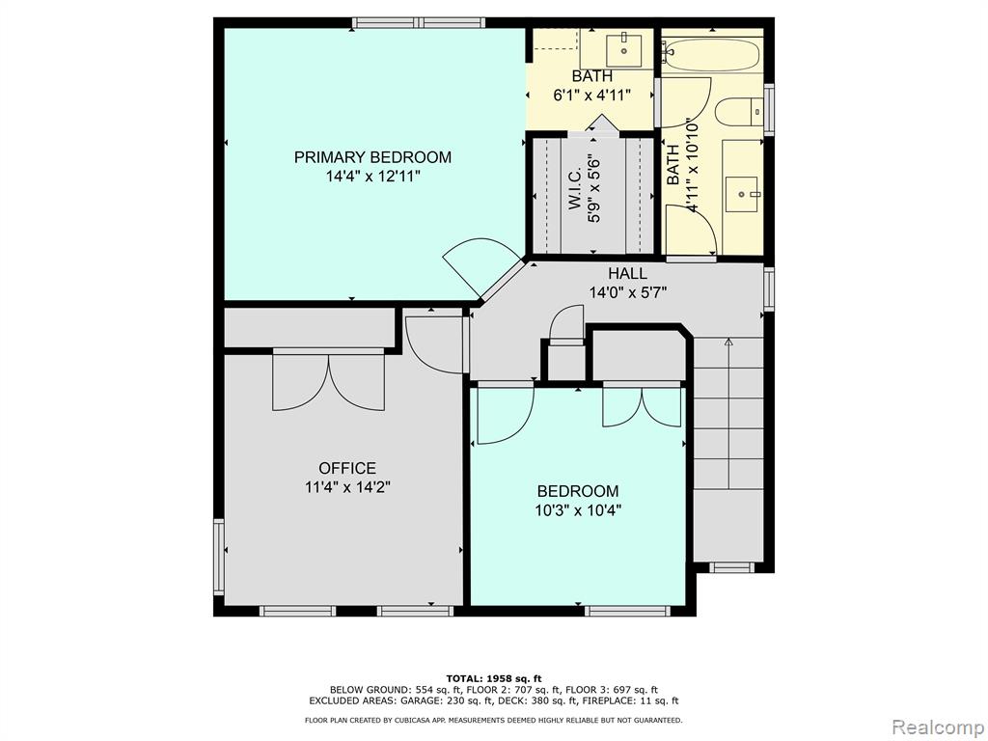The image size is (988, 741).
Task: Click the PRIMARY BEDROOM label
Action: (372, 157)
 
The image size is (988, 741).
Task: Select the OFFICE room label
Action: (347, 468)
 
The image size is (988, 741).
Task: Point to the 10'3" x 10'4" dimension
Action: (579, 510)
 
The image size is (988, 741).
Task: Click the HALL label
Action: (627, 273)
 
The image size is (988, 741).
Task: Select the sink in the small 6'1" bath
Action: (624, 50)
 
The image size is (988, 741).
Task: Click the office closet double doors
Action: (328, 382)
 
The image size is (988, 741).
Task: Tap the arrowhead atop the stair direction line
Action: (728, 343)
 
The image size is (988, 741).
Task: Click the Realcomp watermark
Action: (937, 727)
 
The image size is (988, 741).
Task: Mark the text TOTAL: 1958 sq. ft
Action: (494, 678)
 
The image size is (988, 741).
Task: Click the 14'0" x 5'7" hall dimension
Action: (627, 292)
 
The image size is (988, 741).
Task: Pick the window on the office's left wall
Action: (219, 557)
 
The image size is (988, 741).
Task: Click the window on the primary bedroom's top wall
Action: (419, 23)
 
